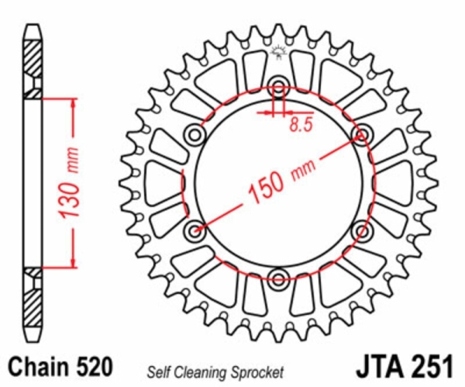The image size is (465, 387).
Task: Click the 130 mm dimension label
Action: [x=70, y=183]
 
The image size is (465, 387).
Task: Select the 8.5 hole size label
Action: [x=301, y=125]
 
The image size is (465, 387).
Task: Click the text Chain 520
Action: [x=61, y=367]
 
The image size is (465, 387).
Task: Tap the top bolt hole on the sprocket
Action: [x=278, y=87]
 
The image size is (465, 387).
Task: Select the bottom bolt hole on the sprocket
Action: [x=278, y=279]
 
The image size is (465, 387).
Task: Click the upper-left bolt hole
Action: [x=195, y=135]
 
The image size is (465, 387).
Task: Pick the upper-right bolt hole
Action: [x=362, y=135]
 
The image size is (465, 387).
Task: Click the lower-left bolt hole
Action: [x=195, y=230]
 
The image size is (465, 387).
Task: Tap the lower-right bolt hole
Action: [x=362, y=230]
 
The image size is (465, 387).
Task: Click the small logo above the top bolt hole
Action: [x=279, y=52]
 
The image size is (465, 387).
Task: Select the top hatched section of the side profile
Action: [x=33, y=69]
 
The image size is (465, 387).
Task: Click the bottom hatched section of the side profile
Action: [x=33, y=297]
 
